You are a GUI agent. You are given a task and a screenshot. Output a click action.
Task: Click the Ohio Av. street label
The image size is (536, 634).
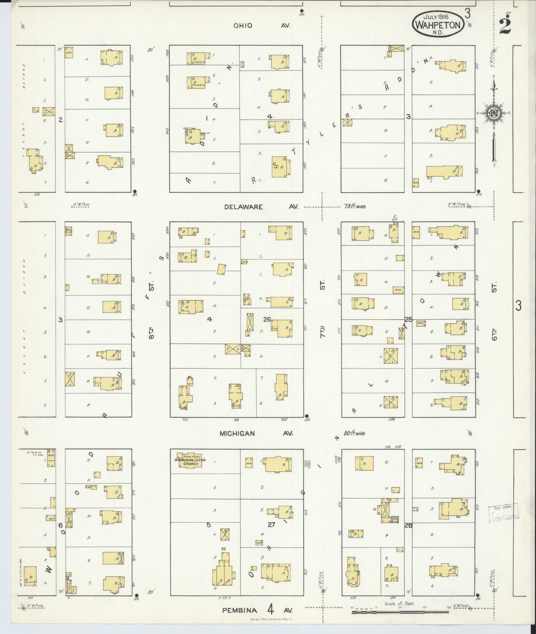tap(263, 25)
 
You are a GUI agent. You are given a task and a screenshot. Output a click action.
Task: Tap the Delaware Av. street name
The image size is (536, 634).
tap(261, 207)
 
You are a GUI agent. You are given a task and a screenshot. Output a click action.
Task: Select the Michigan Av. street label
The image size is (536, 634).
tap(256, 433)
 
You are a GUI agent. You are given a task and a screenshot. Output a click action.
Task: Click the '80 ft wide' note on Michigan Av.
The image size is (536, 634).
tap(354, 433)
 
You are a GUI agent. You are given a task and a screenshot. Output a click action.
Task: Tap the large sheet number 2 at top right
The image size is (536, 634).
tap(505, 26)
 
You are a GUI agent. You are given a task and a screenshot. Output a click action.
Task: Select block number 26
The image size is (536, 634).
tap(267, 319)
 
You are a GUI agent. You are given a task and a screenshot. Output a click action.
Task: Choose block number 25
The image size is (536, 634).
tap(409, 319)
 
